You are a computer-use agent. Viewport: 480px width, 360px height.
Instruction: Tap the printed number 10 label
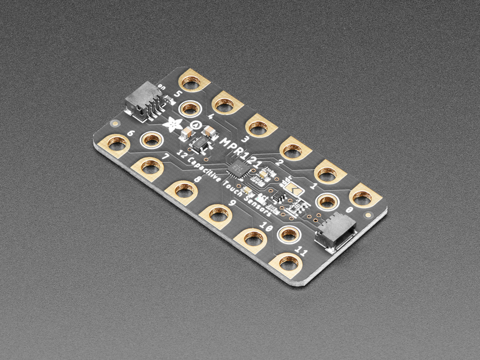coord(266,227)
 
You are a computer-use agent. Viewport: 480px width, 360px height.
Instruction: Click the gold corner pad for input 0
coord(364,196)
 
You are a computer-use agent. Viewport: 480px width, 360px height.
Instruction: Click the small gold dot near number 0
coord(368,214)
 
